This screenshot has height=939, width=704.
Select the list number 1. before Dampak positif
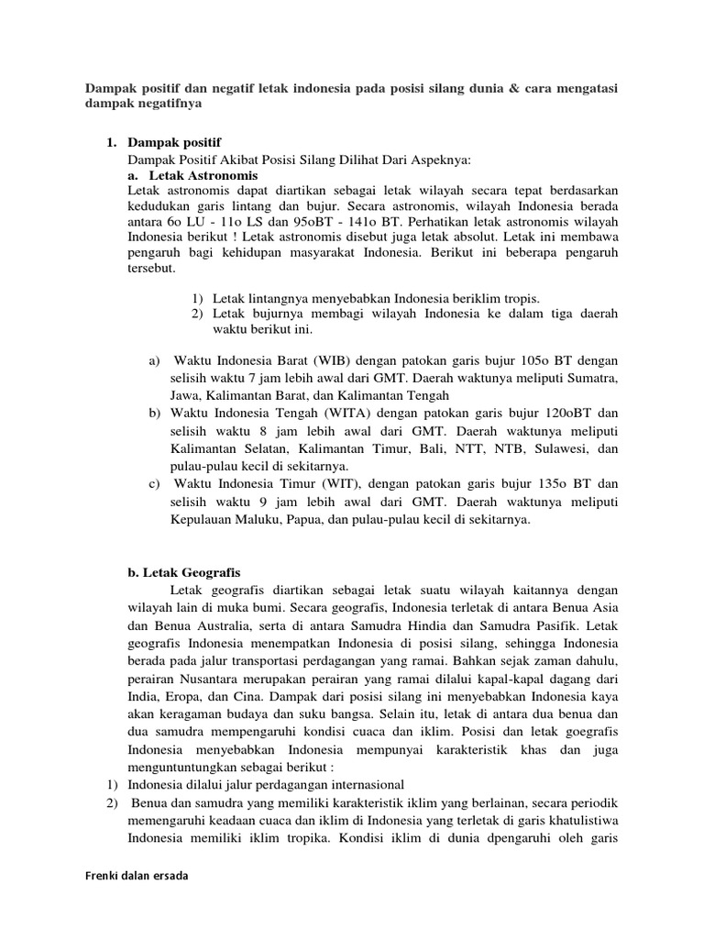112,144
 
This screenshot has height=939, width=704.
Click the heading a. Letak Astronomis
192,174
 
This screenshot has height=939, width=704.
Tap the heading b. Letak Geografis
183,571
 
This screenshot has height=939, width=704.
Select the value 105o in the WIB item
532,360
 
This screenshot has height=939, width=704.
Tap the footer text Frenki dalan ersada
136,876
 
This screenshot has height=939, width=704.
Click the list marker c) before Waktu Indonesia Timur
154,483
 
